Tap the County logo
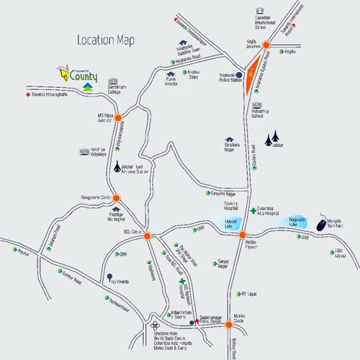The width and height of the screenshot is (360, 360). click(80, 72)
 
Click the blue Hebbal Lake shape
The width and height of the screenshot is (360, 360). click(230, 225)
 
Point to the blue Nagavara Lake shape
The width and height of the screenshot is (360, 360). click(297, 223)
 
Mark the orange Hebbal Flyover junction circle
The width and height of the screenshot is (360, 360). click(243, 235)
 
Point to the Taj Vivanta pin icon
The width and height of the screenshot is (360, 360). click(109, 276)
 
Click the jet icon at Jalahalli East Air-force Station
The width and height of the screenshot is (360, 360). click(117, 168)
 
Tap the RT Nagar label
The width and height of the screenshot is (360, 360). click(249, 293)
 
